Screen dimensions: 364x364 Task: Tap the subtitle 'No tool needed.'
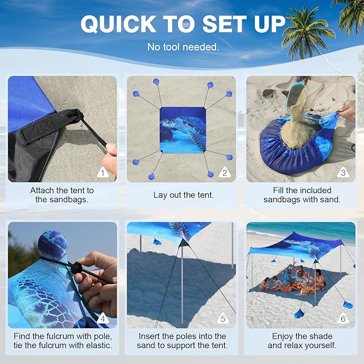[x=183, y=47]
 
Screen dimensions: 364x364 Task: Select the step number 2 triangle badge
[x=225, y=173]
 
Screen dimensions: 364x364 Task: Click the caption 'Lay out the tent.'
[x=183, y=195]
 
